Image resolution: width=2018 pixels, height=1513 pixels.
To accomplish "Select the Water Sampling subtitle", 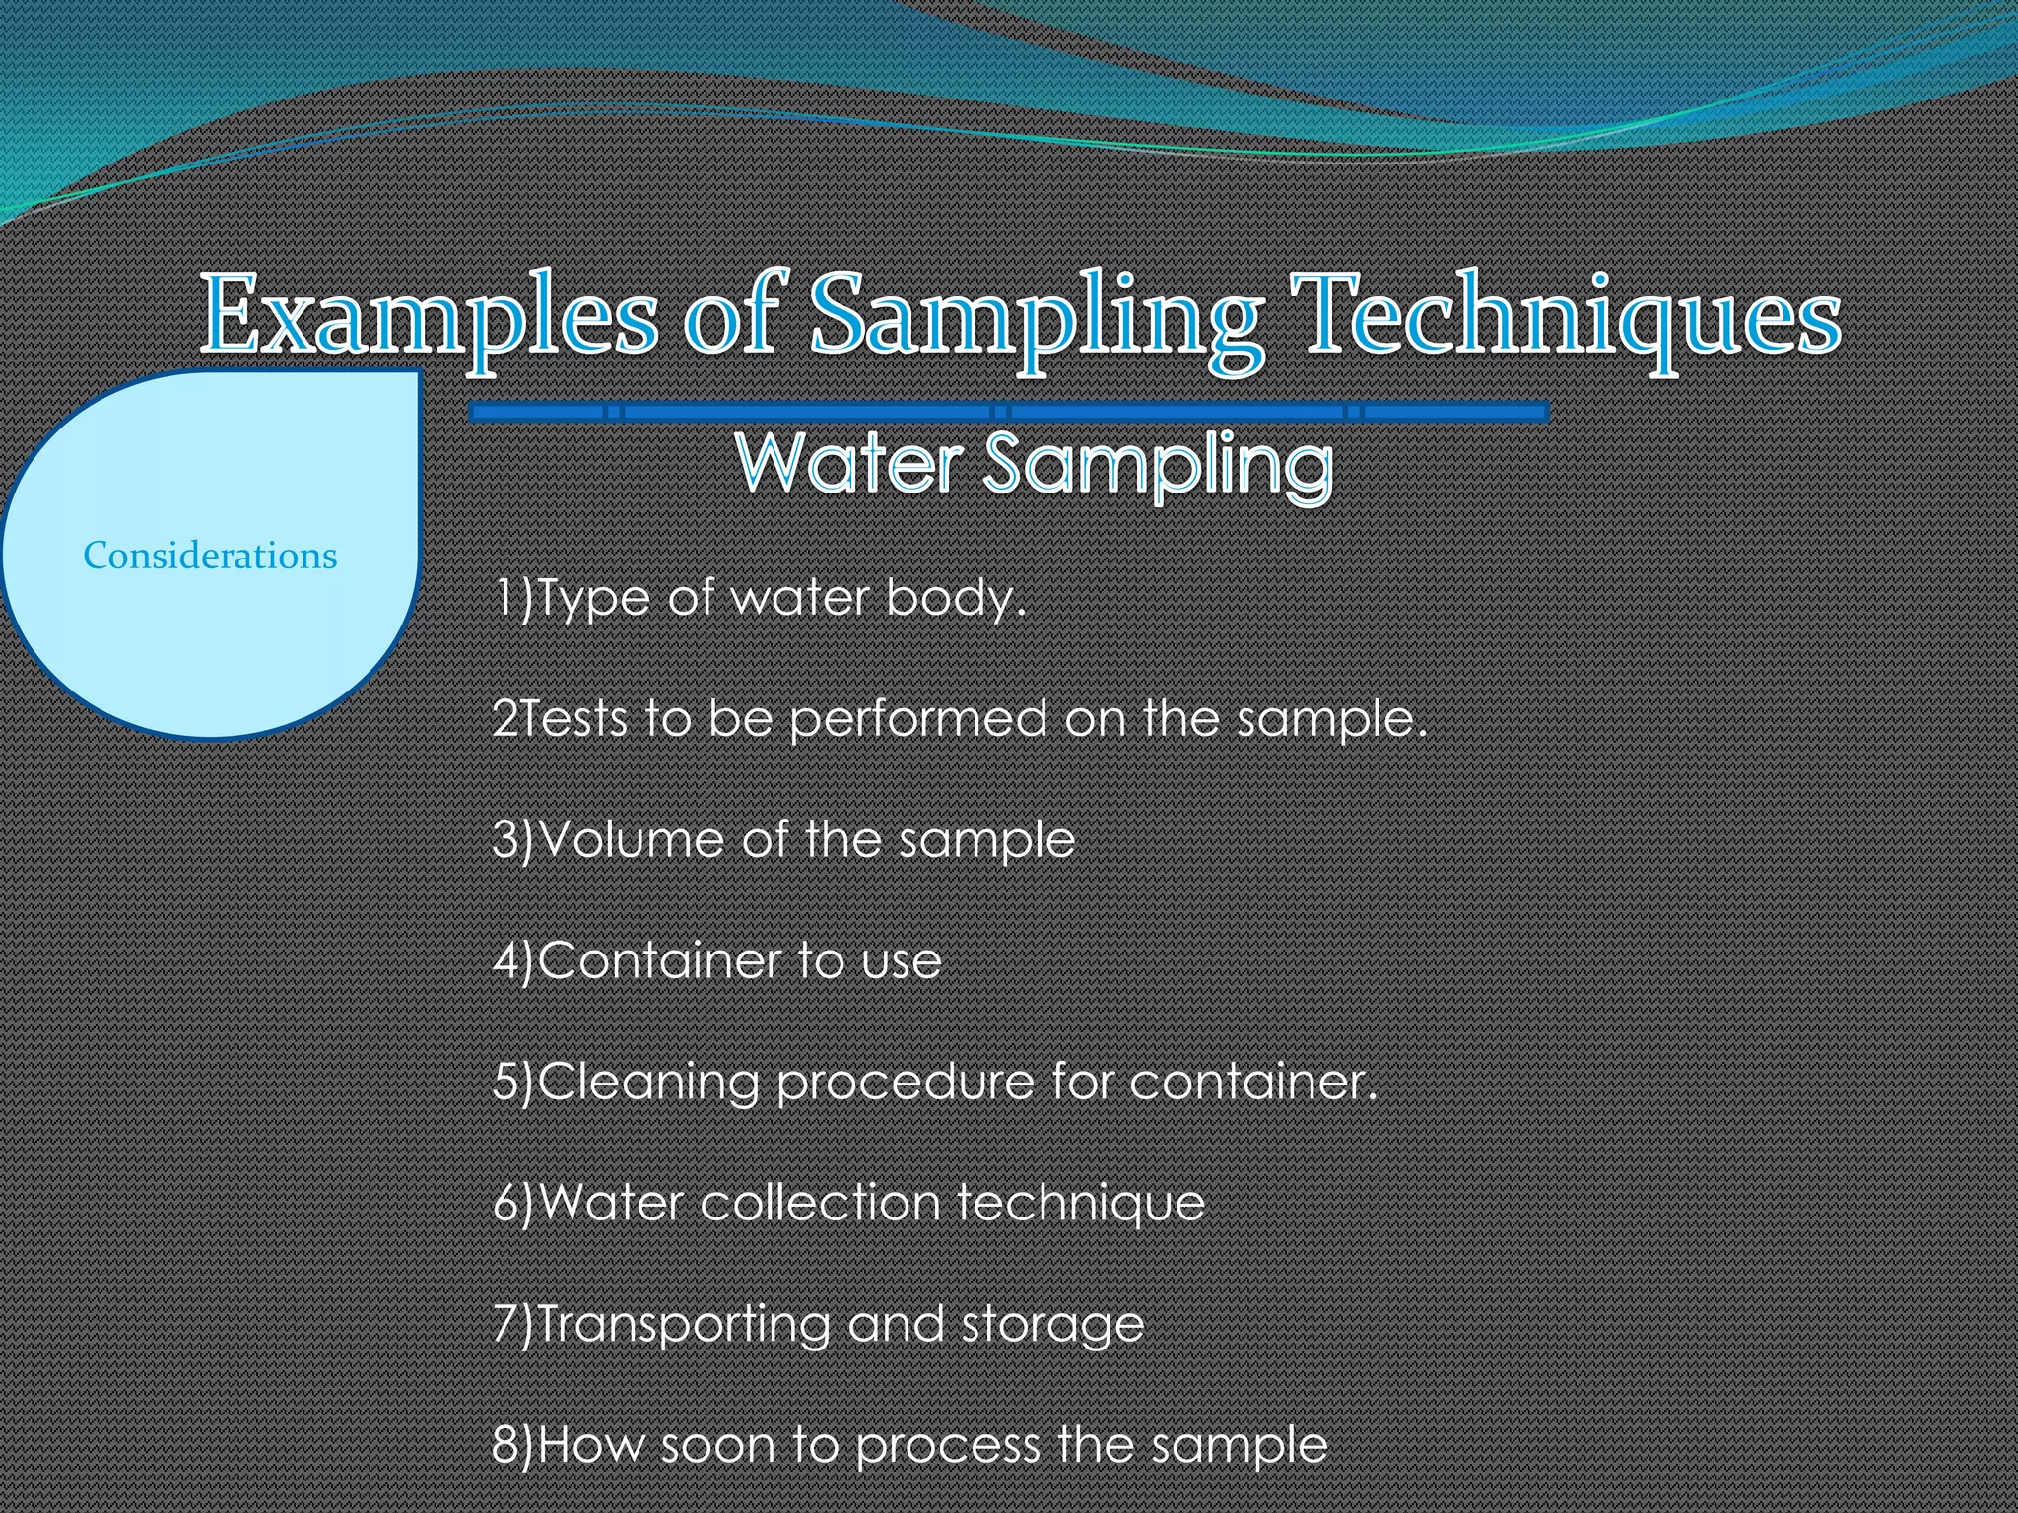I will [x=1035, y=464].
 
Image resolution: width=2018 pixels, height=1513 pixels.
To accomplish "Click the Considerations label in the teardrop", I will [x=210, y=556].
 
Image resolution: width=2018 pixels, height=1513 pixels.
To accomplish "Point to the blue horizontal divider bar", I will [x=1009, y=412].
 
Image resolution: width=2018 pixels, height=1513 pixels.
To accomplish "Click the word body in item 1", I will [x=956, y=599].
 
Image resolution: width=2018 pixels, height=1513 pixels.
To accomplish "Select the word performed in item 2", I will [x=918, y=719].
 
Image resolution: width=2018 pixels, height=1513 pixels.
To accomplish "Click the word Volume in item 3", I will [x=632, y=839].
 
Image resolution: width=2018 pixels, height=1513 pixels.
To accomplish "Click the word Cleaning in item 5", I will [x=648, y=1083].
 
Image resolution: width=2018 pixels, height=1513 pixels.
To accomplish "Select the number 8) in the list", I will [x=512, y=1445].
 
